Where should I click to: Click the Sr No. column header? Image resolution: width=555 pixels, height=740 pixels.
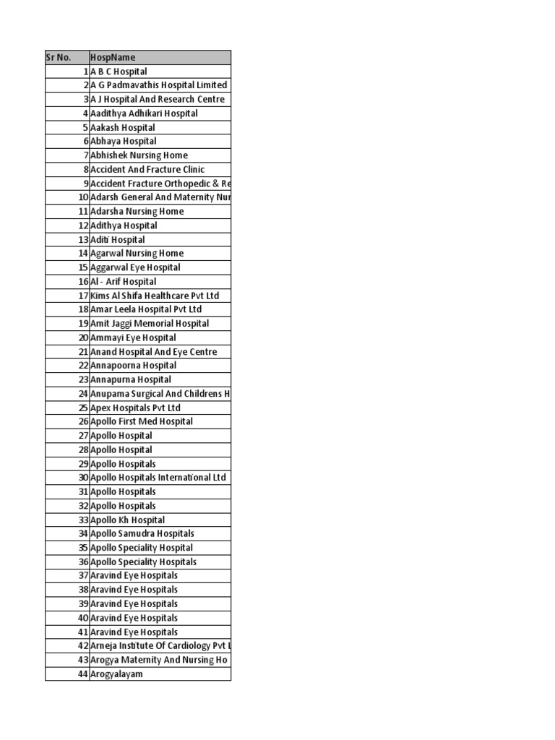tap(66, 57)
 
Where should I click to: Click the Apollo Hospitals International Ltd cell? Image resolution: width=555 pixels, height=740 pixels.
tap(158, 478)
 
